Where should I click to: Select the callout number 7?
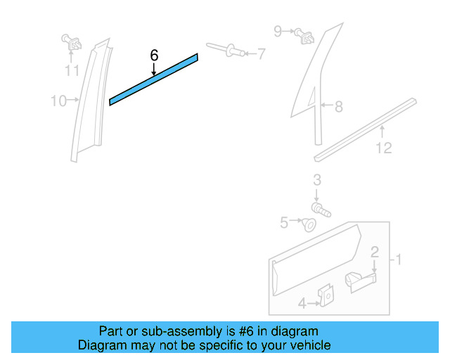coord(261,53)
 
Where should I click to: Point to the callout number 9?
coord(278,31)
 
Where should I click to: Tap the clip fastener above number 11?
coord(70,41)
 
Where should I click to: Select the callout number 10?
coord(58,101)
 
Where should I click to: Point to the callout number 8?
coord(338,107)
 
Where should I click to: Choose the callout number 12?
coord(383,148)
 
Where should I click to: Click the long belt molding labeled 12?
coord(366,127)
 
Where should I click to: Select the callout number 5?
coord(284,223)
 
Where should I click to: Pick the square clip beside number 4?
coord(326,297)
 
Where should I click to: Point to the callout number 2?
coord(375,251)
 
